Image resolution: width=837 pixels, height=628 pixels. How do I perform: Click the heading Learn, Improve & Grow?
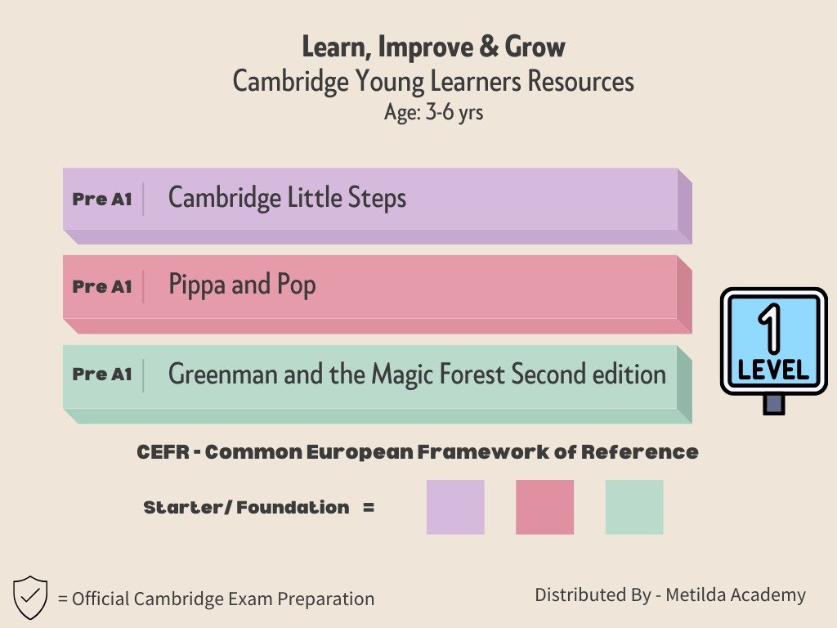tap(433, 47)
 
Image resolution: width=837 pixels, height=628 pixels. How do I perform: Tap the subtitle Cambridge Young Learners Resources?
tap(433, 82)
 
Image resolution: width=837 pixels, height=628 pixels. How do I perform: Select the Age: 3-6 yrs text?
tap(433, 113)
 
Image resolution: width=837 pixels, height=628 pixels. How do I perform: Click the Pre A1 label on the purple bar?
tap(102, 200)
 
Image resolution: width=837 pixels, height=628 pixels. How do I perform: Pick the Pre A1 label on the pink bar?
tap(102, 287)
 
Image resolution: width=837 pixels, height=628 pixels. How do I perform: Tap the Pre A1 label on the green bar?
tap(102, 375)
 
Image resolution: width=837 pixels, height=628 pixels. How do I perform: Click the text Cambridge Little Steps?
tap(287, 198)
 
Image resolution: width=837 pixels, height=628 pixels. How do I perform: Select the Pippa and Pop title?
tap(242, 285)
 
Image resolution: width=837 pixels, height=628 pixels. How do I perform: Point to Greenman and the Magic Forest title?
tap(417, 373)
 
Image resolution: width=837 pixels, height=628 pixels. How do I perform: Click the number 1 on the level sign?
tap(770, 329)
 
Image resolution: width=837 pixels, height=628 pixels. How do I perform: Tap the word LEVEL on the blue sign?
tap(773, 370)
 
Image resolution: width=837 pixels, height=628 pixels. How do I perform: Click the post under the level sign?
tap(773, 404)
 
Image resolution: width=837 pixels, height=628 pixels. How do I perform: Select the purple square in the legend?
tap(455, 507)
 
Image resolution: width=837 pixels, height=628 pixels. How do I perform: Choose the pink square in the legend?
tap(544, 507)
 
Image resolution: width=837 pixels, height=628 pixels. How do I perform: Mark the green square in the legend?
tap(634, 507)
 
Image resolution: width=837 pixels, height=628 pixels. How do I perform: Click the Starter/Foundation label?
tap(246, 507)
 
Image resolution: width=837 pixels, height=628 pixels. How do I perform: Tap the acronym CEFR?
tap(163, 452)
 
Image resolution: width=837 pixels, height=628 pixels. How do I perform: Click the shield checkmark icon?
tap(30, 597)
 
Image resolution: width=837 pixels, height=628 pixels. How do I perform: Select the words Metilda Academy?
tap(736, 594)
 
